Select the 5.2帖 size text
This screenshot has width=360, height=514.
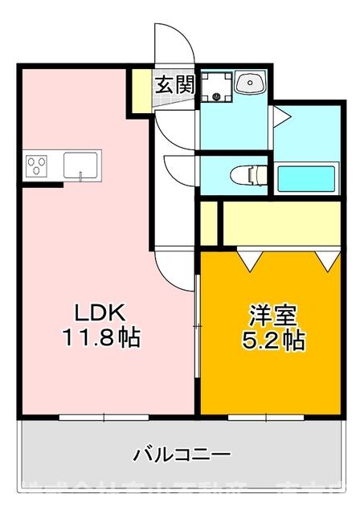pos(273,341)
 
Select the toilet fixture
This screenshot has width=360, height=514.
pos(247,173)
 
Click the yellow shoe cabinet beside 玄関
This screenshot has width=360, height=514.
pos(141,92)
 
